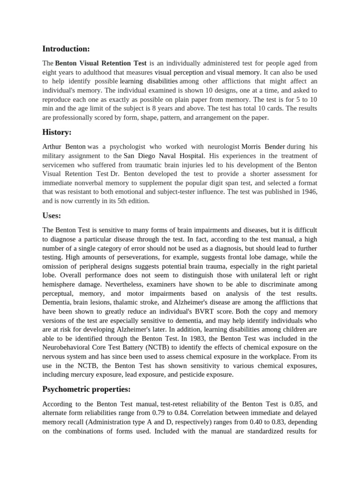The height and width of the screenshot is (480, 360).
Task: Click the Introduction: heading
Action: pyautogui.click(x=66, y=49)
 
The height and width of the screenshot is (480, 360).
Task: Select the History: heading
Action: pyautogui.click(x=57, y=132)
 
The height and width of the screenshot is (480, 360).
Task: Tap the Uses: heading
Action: pyautogui.click(x=52, y=216)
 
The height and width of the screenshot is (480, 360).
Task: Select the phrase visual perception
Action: pyautogui.click(x=179, y=73)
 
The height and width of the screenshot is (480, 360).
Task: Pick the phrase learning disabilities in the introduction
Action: pyautogui.click(x=146, y=82)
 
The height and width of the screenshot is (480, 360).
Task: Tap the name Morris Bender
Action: pyautogui.click(x=263, y=147)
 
